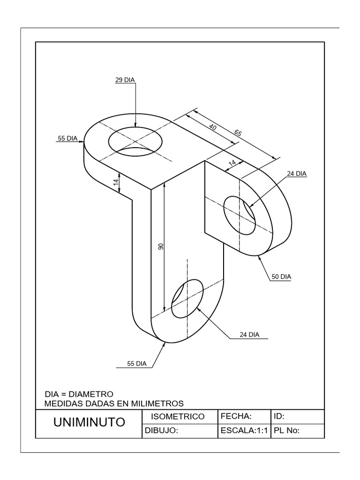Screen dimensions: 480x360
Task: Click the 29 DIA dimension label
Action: pyautogui.click(x=125, y=80)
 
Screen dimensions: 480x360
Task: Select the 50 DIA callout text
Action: pyautogui.click(x=280, y=277)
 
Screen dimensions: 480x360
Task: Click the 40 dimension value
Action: pyautogui.click(x=213, y=127)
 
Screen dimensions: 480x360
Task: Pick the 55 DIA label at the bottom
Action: pyautogui.click(x=137, y=363)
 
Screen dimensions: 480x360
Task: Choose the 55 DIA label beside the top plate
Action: pyautogui.click(x=67, y=138)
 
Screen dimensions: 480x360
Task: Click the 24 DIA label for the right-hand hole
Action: pyautogui.click(x=296, y=173)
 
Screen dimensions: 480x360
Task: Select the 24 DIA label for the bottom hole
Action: pyautogui.click(x=248, y=335)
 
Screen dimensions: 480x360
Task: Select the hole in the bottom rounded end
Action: pyautogui.click(x=187, y=298)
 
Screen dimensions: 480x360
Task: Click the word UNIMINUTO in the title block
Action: pyautogui.click(x=89, y=423)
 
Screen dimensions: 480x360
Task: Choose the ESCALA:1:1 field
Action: pyautogui.click(x=243, y=431)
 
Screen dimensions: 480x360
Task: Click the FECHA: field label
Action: pyautogui.click(x=236, y=416)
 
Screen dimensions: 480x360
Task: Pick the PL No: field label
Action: pyautogui.click(x=286, y=431)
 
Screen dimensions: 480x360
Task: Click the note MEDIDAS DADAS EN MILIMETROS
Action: pyautogui.click(x=113, y=403)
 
